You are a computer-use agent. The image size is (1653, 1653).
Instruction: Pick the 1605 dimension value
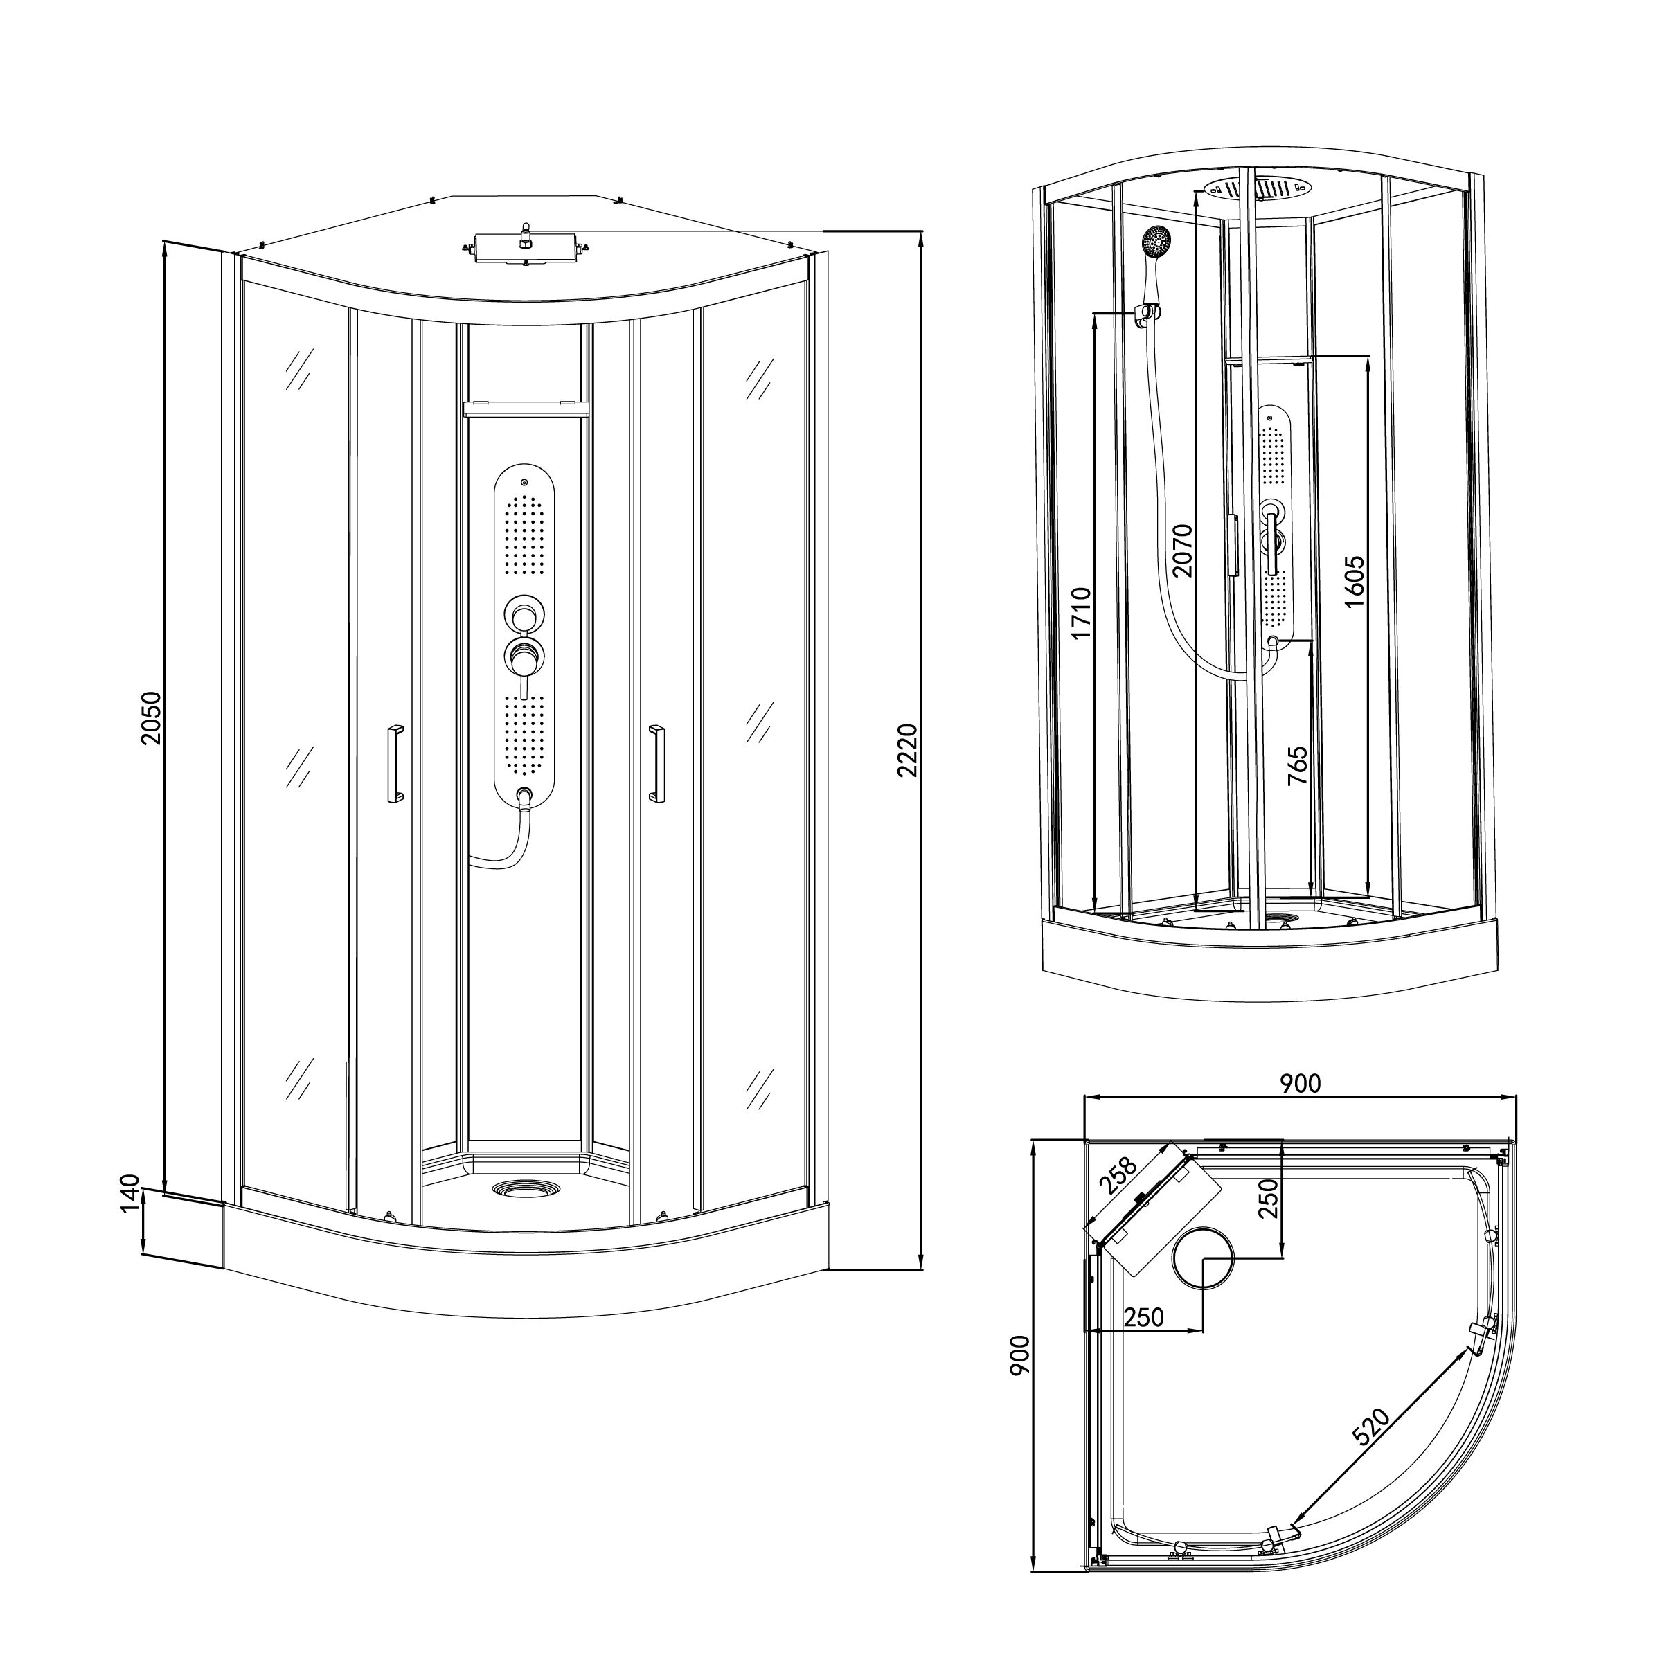coord(1354,582)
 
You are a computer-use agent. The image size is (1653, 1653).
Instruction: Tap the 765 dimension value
coord(1297,766)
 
